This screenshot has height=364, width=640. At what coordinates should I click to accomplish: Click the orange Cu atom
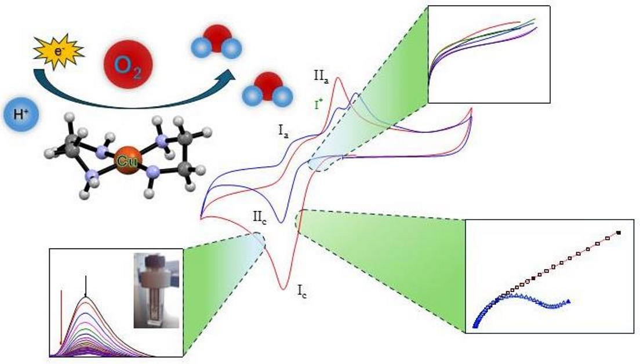(x=125, y=162)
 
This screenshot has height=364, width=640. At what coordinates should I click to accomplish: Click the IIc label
(x=259, y=218)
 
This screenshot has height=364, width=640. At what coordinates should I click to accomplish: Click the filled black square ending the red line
(x=619, y=233)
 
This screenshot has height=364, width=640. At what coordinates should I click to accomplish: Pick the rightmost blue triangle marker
(x=569, y=301)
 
